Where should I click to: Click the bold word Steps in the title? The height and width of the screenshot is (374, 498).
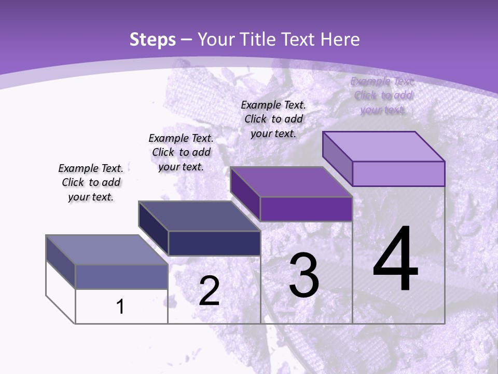153,39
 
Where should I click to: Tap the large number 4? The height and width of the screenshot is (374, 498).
395,259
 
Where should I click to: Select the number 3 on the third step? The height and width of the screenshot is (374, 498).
304,275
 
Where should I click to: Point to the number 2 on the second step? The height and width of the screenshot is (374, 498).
209,291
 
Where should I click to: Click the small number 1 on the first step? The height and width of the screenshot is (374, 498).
120,307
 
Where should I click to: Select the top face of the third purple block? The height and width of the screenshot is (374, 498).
290,182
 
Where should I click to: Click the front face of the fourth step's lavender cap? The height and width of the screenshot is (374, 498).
398,173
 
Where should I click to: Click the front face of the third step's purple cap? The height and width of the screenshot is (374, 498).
306,209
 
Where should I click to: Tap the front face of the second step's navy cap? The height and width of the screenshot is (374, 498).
214,243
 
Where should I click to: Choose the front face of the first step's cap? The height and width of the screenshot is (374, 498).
121,276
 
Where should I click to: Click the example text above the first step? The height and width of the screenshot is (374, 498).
91,182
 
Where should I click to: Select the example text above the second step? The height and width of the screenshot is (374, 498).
181,152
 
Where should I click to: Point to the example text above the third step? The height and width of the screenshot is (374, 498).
273,119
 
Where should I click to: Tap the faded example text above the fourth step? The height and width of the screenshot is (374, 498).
383,95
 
